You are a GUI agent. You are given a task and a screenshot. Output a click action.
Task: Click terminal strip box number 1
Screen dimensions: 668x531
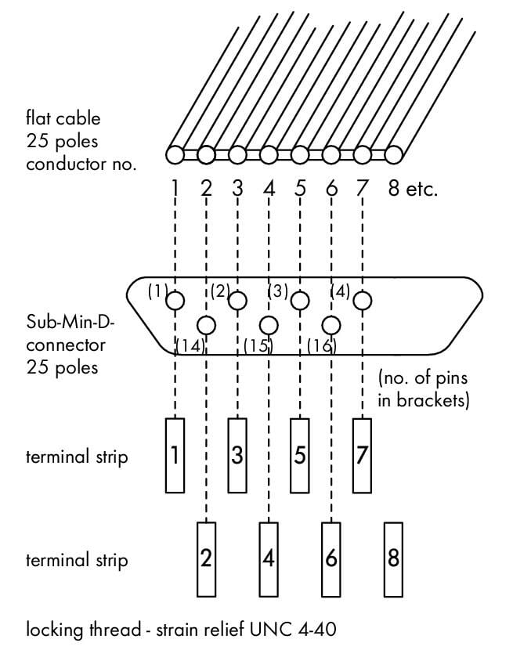[x=175, y=455]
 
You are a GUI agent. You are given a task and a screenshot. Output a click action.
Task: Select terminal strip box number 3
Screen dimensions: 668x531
[x=237, y=455]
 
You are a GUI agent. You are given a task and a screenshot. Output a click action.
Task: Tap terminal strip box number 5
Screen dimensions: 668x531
[x=300, y=455]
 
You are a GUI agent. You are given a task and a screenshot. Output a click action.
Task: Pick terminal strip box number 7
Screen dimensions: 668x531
[x=362, y=455]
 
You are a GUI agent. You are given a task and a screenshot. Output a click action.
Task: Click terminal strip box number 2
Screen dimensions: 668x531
[x=206, y=558]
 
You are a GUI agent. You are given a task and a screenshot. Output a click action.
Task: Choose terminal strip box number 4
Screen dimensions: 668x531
[x=269, y=558]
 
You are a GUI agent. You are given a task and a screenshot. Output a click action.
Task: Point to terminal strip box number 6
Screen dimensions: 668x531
[x=331, y=558]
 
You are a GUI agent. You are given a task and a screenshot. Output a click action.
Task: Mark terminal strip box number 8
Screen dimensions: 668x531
[x=393, y=558]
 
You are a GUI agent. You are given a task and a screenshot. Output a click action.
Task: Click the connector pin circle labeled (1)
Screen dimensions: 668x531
[x=175, y=300]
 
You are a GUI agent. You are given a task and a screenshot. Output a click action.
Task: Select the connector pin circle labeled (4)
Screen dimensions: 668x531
[x=362, y=300]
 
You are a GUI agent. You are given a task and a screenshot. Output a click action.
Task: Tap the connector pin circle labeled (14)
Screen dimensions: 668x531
[x=206, y=324]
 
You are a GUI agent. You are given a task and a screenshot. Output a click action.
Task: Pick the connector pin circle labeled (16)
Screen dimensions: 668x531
[x=331, y=324]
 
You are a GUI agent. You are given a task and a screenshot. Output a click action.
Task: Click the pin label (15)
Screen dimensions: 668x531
[x=258, y=345]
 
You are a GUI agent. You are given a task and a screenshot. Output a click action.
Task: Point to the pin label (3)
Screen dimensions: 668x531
[x=279, y=291]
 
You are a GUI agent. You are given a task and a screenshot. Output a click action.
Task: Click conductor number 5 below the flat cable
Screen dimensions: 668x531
[x=300, y=189]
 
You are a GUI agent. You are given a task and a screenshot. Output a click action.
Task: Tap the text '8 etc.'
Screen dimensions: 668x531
[x=413, y=189]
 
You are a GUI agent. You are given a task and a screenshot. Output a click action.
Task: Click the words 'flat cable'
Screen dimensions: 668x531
[x=63, y=120]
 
